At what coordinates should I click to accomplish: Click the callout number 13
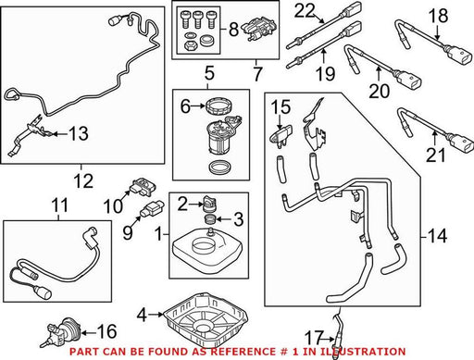[x=79, y=133]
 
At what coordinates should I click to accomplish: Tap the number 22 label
[x=305, y=10]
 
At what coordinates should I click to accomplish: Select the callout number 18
[x=438, y=16]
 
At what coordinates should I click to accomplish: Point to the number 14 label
[x=438, y=236]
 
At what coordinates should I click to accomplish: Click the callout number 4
[x=142, y=315]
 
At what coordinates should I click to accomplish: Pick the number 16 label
[x=106, y=331]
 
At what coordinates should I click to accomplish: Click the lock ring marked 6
[x=218, y=106]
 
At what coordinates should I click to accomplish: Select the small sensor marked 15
[x=280, y=138]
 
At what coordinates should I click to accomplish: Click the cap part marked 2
[x=208, y=203]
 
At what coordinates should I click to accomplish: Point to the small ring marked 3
[x=210, y=219]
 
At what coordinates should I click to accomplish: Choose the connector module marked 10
[x=143, y=186]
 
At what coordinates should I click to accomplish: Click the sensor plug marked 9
[x=152, y=210]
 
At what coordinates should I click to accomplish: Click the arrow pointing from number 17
[x=328, y=339]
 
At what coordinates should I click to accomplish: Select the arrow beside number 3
[x=223, y=219]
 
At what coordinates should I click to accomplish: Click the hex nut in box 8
[x=189, y=45]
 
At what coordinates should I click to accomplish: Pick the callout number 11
[x=59, y=205]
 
